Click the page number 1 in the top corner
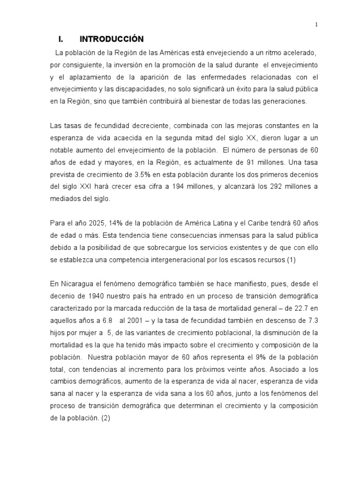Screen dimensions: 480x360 (x=316, y=25)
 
